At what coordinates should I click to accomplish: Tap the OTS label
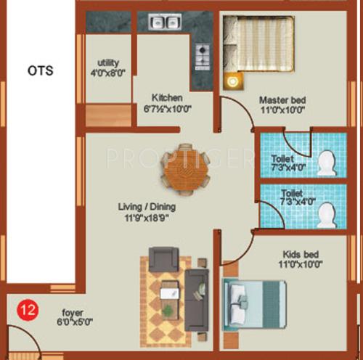[x=41, y=70]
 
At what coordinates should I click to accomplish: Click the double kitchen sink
[x=164, y=22]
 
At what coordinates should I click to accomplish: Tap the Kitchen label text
[x=167, y=98]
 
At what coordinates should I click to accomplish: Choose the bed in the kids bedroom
[x=256, y=306]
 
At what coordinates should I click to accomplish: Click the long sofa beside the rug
[x=197, y=289]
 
